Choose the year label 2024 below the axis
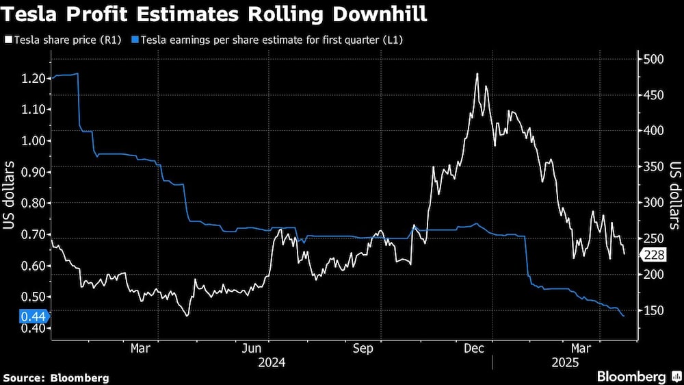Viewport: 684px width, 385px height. click(271, 362)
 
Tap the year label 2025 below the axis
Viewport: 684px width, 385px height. click(564, 362)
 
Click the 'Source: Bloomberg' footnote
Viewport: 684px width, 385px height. click(56, 377)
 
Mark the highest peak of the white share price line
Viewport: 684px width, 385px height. click(477, 73)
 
